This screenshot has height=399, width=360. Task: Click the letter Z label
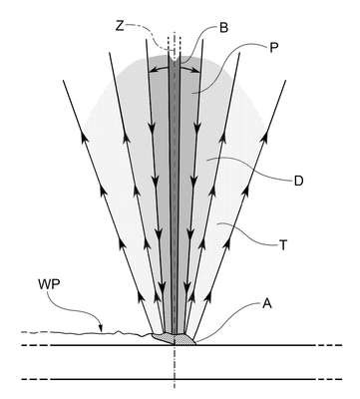pos(120,26)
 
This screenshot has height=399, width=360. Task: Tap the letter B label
pos(223,28)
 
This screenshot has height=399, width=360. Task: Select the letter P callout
pos(272,48)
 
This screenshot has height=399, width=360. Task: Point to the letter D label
pos(298,182)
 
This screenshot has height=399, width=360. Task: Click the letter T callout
pos(282,245)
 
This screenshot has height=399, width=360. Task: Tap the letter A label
pos(267,303)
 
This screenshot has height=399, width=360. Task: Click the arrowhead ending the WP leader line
pos(101,328)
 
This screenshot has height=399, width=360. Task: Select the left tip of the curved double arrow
pos(150,71)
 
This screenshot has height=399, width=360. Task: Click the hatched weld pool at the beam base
pos(174,339)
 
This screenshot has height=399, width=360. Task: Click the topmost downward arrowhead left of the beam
pos(152,126)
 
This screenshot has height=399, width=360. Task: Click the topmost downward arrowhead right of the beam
pos(197,126)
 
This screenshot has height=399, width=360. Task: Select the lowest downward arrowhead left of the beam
pos(162,286)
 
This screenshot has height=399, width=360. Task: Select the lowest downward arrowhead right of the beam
pos(187,286)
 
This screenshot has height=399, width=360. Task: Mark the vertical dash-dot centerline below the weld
pos(175,366)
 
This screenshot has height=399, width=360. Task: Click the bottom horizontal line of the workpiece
pos(181,379)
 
